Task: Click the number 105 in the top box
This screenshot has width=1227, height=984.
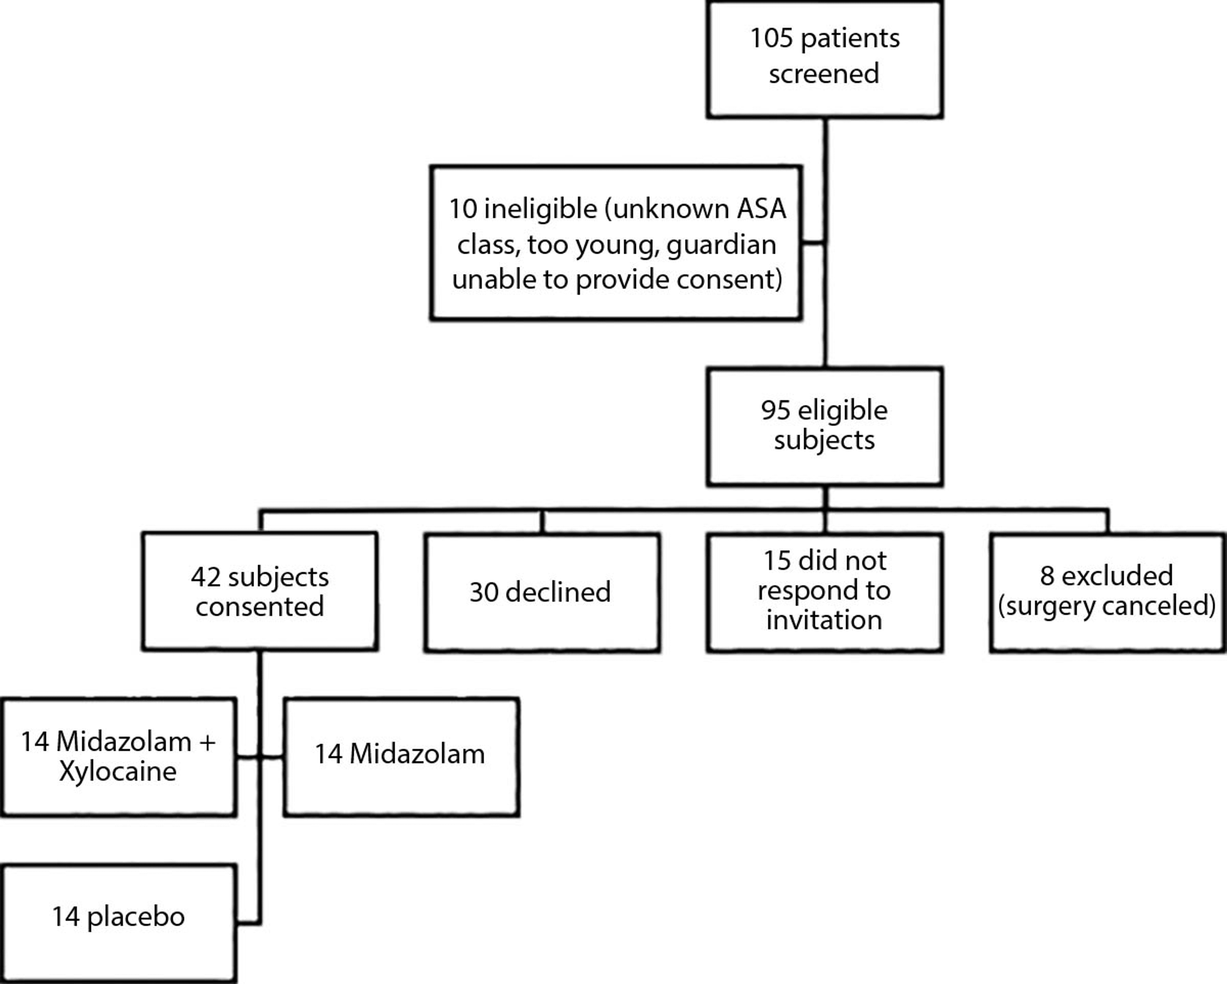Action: [771, 39]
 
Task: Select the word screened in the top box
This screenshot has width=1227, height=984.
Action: [824, 74]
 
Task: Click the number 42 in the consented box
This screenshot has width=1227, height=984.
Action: [205, 577]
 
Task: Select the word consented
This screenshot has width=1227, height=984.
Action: [260, 606]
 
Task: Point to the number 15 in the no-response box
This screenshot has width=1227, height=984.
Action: [777, 561]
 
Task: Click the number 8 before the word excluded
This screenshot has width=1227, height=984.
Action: [1047, 576]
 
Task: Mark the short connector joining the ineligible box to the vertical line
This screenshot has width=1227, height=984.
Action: [813, 243]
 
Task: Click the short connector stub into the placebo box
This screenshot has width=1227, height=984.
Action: [248, 922]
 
